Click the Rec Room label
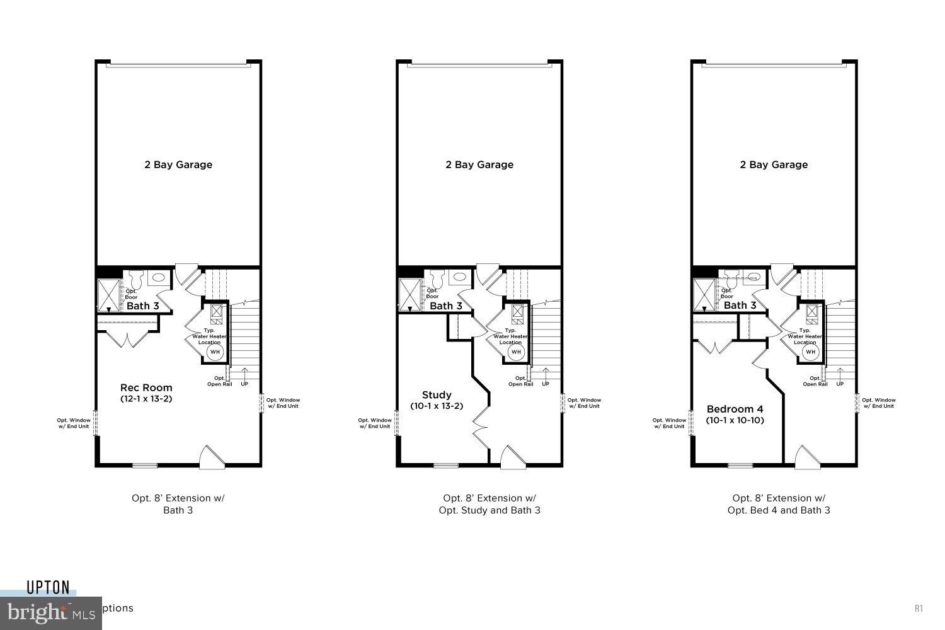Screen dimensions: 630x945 tap(146, 387)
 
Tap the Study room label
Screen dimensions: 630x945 tap(437, 395)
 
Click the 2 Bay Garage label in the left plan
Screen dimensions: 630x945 tap(178, 164)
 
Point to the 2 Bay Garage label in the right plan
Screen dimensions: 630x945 tap(774, 164)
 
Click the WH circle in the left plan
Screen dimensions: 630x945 tap(215, 352)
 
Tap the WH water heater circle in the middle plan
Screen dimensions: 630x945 tap(517, 352)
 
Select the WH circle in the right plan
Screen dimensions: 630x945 tap(811, 352)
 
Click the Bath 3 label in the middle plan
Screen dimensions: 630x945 tap(446, 306)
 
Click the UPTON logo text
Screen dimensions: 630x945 tap(48, 588)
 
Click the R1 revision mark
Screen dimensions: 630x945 tap(919, 609)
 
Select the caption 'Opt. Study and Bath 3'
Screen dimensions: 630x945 tap(490, 510)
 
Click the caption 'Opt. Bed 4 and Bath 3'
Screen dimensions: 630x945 tap(779, 510)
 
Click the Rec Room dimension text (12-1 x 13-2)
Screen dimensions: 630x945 tap(146, 399)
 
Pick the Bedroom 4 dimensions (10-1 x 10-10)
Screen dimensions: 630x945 tap(735, 420)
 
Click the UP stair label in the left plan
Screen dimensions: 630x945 tap(244, 384)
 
